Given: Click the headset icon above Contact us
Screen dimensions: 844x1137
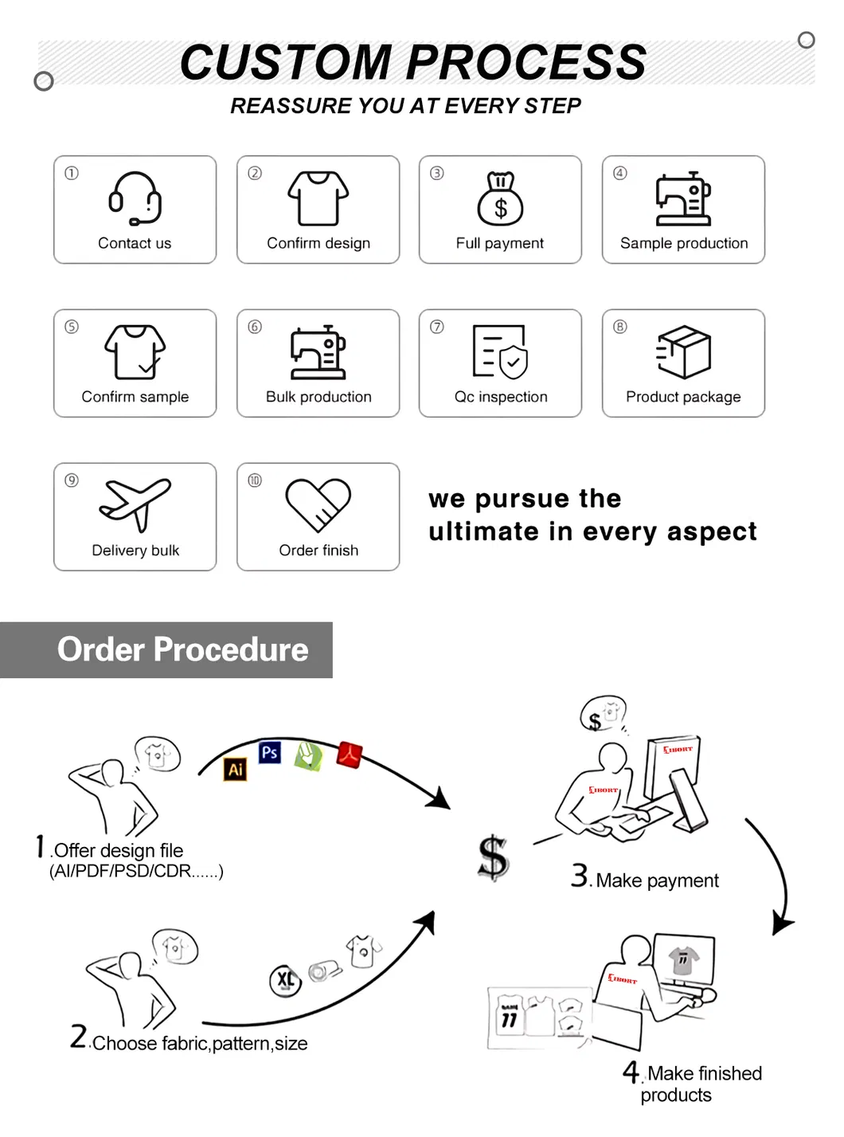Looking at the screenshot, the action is tap(135, 198).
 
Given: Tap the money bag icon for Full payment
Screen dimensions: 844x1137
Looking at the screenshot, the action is tap(500, 198).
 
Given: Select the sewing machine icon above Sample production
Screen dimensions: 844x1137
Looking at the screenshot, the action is tap(682, 198).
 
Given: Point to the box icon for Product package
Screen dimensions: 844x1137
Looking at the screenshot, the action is tap(683, 351).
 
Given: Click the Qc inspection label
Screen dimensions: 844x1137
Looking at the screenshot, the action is tap(500, 396).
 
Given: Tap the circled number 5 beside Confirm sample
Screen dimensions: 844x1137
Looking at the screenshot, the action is tap(71, 326).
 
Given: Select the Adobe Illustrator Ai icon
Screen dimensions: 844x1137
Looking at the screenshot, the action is tap(235, 768).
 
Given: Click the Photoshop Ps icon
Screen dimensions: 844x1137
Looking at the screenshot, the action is tap(270, 752).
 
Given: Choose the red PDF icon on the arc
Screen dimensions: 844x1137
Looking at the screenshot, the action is tap(350, 754).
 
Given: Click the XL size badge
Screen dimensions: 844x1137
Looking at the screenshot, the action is tap(285, 980).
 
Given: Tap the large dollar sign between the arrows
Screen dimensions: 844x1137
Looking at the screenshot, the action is tap(492, 857).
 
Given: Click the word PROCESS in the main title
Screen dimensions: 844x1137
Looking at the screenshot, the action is tap(526, 62).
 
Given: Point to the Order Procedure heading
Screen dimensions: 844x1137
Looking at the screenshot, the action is tap(182, 649).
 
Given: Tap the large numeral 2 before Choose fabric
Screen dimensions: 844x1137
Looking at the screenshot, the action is tap(79, 1036).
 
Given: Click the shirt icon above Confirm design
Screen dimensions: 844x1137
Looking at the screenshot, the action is tap(318, 198).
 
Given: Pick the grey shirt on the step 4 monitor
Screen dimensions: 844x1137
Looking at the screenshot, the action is tap(683, 959).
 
